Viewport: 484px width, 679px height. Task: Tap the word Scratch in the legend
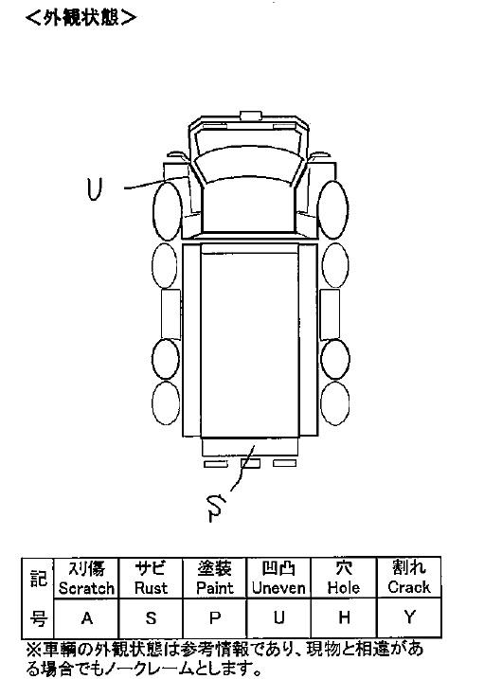86,588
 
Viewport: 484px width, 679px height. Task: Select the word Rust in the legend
151,588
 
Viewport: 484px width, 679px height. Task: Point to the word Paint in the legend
215,588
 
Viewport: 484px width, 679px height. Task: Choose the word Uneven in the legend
278,588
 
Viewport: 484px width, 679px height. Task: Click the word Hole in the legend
344,588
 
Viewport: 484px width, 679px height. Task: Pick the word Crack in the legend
409,587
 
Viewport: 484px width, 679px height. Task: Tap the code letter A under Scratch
87,618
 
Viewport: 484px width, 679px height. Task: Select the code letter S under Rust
151,618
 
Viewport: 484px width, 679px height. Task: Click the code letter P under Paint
215,618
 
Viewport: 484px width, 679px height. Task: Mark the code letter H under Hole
344,617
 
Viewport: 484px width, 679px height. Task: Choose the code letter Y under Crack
409,616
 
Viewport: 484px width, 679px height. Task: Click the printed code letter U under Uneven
279,617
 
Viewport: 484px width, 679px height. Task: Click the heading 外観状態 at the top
81,18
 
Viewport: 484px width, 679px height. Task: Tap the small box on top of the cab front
251,116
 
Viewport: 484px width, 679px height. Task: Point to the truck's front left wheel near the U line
167,211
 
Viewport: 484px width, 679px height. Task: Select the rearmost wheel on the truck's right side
335,403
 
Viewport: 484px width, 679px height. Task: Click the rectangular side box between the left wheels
170,314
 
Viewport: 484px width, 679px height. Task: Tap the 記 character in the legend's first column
38,578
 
